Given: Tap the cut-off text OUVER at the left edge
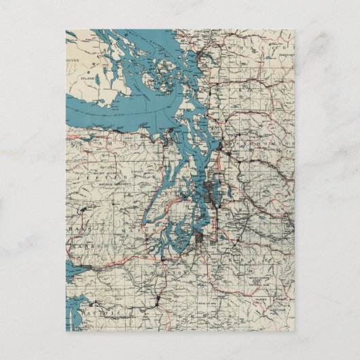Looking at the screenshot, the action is click(73, 68).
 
